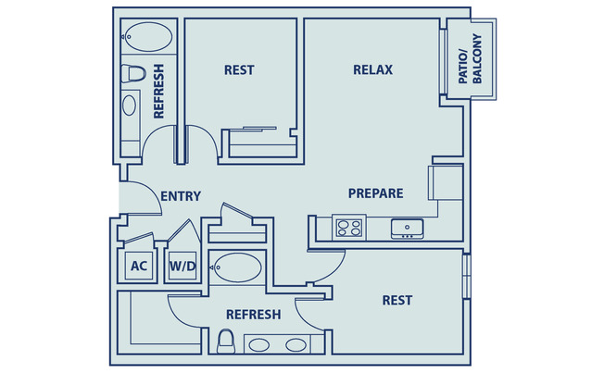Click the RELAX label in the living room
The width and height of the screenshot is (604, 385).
[373, 69]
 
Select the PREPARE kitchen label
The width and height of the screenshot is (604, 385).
[375, 193]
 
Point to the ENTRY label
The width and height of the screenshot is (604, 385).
[181, 196]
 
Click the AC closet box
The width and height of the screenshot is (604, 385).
[139, 267]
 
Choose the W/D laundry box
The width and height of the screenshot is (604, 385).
[182, 267]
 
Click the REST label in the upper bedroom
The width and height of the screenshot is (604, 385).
[239, 69]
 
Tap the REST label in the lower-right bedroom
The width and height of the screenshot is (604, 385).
[396, 300]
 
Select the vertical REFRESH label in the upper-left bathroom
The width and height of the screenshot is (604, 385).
[158, 91]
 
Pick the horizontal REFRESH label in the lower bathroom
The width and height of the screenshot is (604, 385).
[253, 315]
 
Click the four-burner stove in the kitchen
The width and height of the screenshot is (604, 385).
[349, 227]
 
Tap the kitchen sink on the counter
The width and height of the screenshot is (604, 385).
[406, 227]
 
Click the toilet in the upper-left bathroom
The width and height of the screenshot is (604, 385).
[132, 72]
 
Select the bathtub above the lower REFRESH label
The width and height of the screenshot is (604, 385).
[237, 268]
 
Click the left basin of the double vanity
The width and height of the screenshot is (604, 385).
[260, 345]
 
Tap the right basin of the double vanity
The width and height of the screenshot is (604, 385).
[296, 345]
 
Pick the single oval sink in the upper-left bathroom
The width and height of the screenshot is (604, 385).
[131, 104]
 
